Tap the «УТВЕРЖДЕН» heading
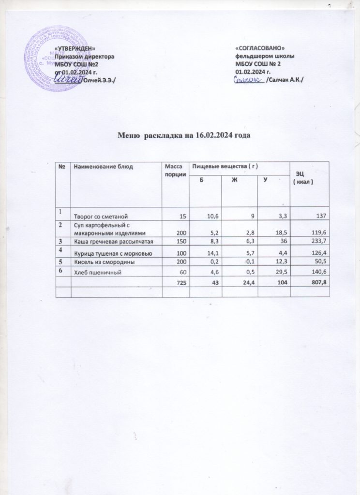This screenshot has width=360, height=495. tap(72, 49)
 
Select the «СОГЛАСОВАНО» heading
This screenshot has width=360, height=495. tap(259, 49)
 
